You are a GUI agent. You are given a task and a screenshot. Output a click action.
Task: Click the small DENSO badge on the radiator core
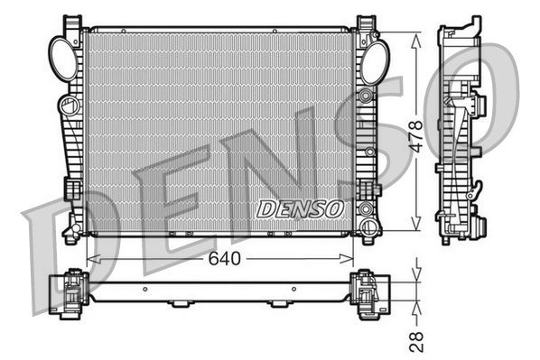pyautogui.click(x=301, y=208)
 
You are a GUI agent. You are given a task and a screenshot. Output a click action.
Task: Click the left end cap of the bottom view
pyautogui.click(x=69, y=292)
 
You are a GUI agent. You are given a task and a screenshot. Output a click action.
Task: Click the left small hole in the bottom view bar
pyautogui.click(x=145, y=291)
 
